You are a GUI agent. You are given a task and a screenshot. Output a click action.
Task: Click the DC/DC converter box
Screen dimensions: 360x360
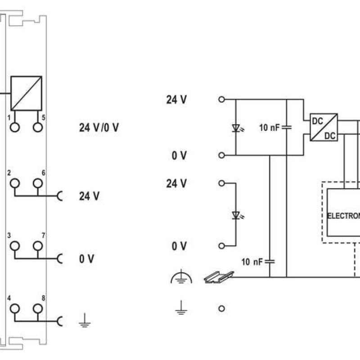324,127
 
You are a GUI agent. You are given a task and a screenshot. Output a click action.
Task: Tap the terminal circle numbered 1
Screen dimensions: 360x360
15,127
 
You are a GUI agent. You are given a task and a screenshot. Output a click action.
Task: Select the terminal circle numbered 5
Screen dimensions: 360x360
38,127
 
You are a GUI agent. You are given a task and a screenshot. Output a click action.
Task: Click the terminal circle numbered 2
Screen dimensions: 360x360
15,183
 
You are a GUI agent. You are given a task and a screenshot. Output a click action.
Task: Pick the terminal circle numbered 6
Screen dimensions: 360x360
38,183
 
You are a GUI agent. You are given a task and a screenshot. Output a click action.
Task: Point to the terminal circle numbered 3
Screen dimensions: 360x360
15,245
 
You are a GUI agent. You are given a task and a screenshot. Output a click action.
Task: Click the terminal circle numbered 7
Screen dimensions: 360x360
38,245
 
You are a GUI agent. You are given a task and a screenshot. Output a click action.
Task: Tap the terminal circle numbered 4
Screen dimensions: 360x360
15,308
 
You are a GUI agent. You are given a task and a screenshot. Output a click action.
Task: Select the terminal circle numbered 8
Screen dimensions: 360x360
38,308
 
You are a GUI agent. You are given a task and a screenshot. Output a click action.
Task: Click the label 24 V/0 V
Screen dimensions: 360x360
99,128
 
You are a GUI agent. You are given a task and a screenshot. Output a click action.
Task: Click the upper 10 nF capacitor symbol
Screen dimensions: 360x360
286,128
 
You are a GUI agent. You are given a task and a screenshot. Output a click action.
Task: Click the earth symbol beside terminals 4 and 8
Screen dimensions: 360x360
84,321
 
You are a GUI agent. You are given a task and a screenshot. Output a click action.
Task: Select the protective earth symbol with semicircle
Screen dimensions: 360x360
181,278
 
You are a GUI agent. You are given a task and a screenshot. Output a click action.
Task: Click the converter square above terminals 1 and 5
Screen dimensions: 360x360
26,93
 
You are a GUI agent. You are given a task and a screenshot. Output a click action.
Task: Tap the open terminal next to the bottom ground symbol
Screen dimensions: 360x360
221,309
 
